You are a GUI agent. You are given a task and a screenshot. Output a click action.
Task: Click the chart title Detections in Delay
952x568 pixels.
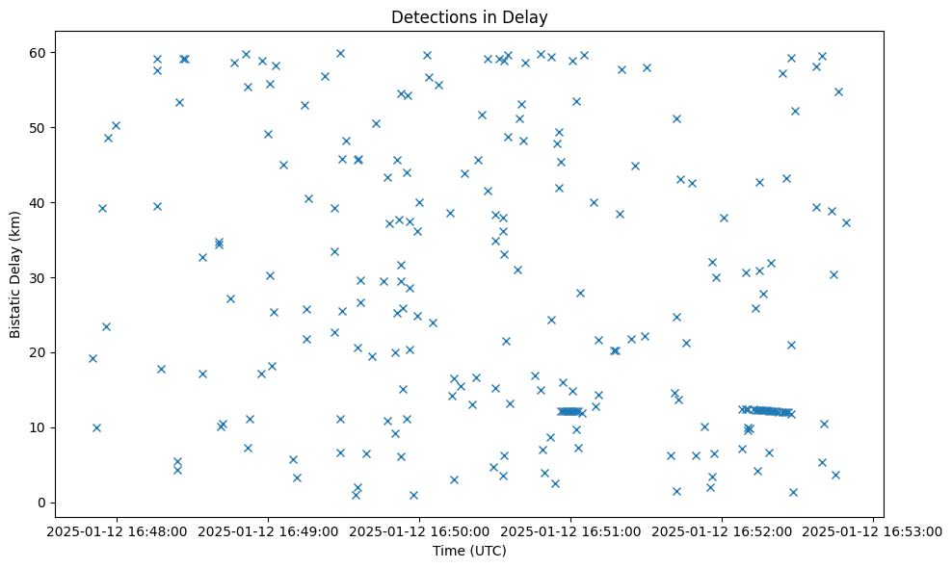pos(468,16)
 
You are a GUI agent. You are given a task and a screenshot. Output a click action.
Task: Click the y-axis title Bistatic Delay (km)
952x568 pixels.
pos(15,274)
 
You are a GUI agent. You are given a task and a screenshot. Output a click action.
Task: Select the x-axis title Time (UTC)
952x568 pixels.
pos(468,551)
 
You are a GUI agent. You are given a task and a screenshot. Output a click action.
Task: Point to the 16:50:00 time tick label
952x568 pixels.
pos(418,530)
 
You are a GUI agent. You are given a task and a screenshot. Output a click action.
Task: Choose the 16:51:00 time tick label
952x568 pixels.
pos(569,530)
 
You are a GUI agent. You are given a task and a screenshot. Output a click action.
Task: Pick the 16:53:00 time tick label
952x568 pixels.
pos(872,530)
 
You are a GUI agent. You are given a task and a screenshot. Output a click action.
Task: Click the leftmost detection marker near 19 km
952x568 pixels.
pos(93,358)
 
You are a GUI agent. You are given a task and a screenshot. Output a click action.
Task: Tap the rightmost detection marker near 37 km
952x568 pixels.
pos(846,222)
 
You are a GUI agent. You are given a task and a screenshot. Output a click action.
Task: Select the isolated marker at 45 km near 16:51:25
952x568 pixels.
pos(635,166)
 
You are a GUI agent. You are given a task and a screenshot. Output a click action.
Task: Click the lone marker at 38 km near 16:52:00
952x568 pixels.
pos(724,218)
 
